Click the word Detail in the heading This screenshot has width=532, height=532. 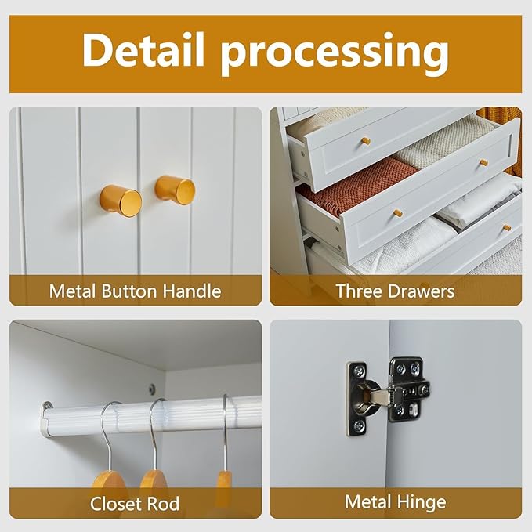tap(143, 49)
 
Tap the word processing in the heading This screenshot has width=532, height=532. tap(335, 53)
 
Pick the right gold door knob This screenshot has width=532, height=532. tap(175, 190)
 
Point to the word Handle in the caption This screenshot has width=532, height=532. tap(192, 291)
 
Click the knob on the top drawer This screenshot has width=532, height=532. tap(364, 140)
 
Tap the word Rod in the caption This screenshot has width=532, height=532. tap(162, 504)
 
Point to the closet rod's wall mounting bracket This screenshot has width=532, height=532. tap(47, 413)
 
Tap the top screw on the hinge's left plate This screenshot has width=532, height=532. tap(360, 370)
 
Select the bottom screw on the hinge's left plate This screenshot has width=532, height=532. tap(360, 425)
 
